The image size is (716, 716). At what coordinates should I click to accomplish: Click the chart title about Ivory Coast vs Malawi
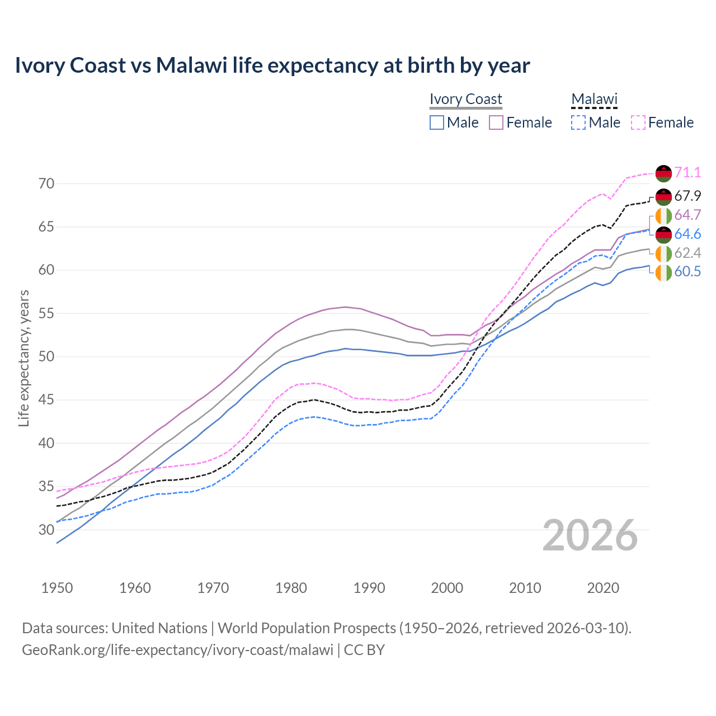click(x=272, y=65)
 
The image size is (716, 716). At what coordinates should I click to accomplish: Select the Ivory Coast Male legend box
click(x=437, y=123)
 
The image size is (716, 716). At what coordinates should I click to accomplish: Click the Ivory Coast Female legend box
click(x=497, y=123)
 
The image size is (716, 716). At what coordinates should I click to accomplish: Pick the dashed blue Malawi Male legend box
click(x=578, y=123)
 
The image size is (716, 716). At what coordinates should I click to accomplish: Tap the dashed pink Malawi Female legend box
click(x=638, y=123)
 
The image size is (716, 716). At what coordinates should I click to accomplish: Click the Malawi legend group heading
click(x=594, y=99)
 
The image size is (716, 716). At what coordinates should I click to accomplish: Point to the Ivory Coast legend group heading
click(x=466, y=99)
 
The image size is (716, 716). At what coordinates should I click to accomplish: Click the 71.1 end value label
click(x=687, y=173)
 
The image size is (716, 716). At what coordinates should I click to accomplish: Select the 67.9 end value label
click(x=687, y=196)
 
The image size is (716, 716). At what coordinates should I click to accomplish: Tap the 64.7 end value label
click(x=687, y=215)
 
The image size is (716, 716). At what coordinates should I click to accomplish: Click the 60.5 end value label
click(x=687, y=272)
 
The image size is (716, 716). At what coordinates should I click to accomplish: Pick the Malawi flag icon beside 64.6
click(x=663, y=234)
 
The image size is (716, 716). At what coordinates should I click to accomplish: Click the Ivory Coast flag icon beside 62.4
click(x=663, y=253)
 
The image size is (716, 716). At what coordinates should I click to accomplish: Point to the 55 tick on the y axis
click(x=46, y=314)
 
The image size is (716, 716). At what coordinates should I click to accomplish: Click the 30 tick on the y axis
click(x=46, y=530)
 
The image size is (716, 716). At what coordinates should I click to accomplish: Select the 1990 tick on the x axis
click(x=369, y=588)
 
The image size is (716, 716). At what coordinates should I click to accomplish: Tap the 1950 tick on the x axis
click(x=57, y=588)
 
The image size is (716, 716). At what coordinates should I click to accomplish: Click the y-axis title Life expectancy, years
click(x=24, y=358)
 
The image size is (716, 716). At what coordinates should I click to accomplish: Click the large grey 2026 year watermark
click(x=590, y=535)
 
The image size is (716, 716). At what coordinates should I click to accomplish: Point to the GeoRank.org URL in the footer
click(x=177, y=650)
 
